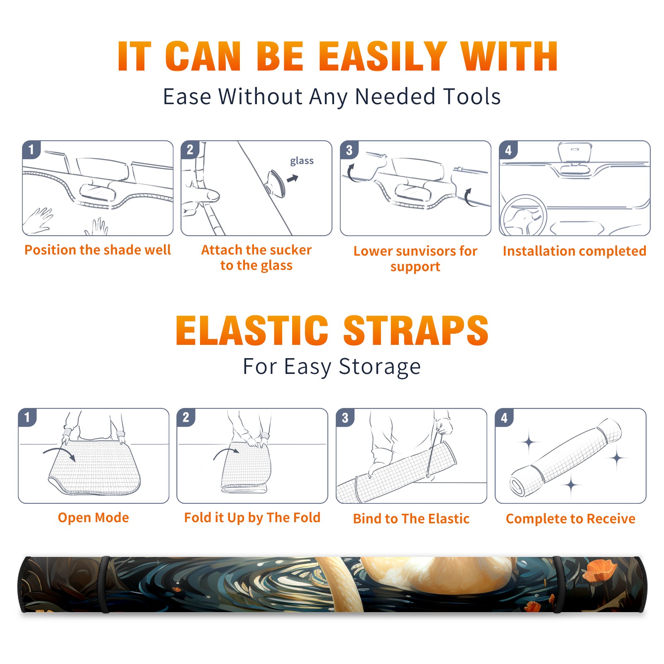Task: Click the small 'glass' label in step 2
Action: (x=302, y=161)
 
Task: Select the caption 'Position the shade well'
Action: (x=98, y=250)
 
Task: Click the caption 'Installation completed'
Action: (x=574, y=251)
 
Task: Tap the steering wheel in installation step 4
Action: (x=524, y=216)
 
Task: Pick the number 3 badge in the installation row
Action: (x=349, y=150)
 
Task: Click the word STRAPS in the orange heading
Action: (x=416, y=330)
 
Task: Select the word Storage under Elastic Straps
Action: (x=380, y=367)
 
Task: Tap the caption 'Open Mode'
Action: (x=93, y=518)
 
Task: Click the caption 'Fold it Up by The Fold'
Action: (x=252, y=518)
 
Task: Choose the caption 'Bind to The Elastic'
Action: (x=411, y=519)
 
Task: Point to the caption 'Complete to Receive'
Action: (x=571, y=519)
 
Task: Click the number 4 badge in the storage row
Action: (x=504, y=417)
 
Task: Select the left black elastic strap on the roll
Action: (x=105, y=585)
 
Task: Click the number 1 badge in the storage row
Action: (x=27, y=417)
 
